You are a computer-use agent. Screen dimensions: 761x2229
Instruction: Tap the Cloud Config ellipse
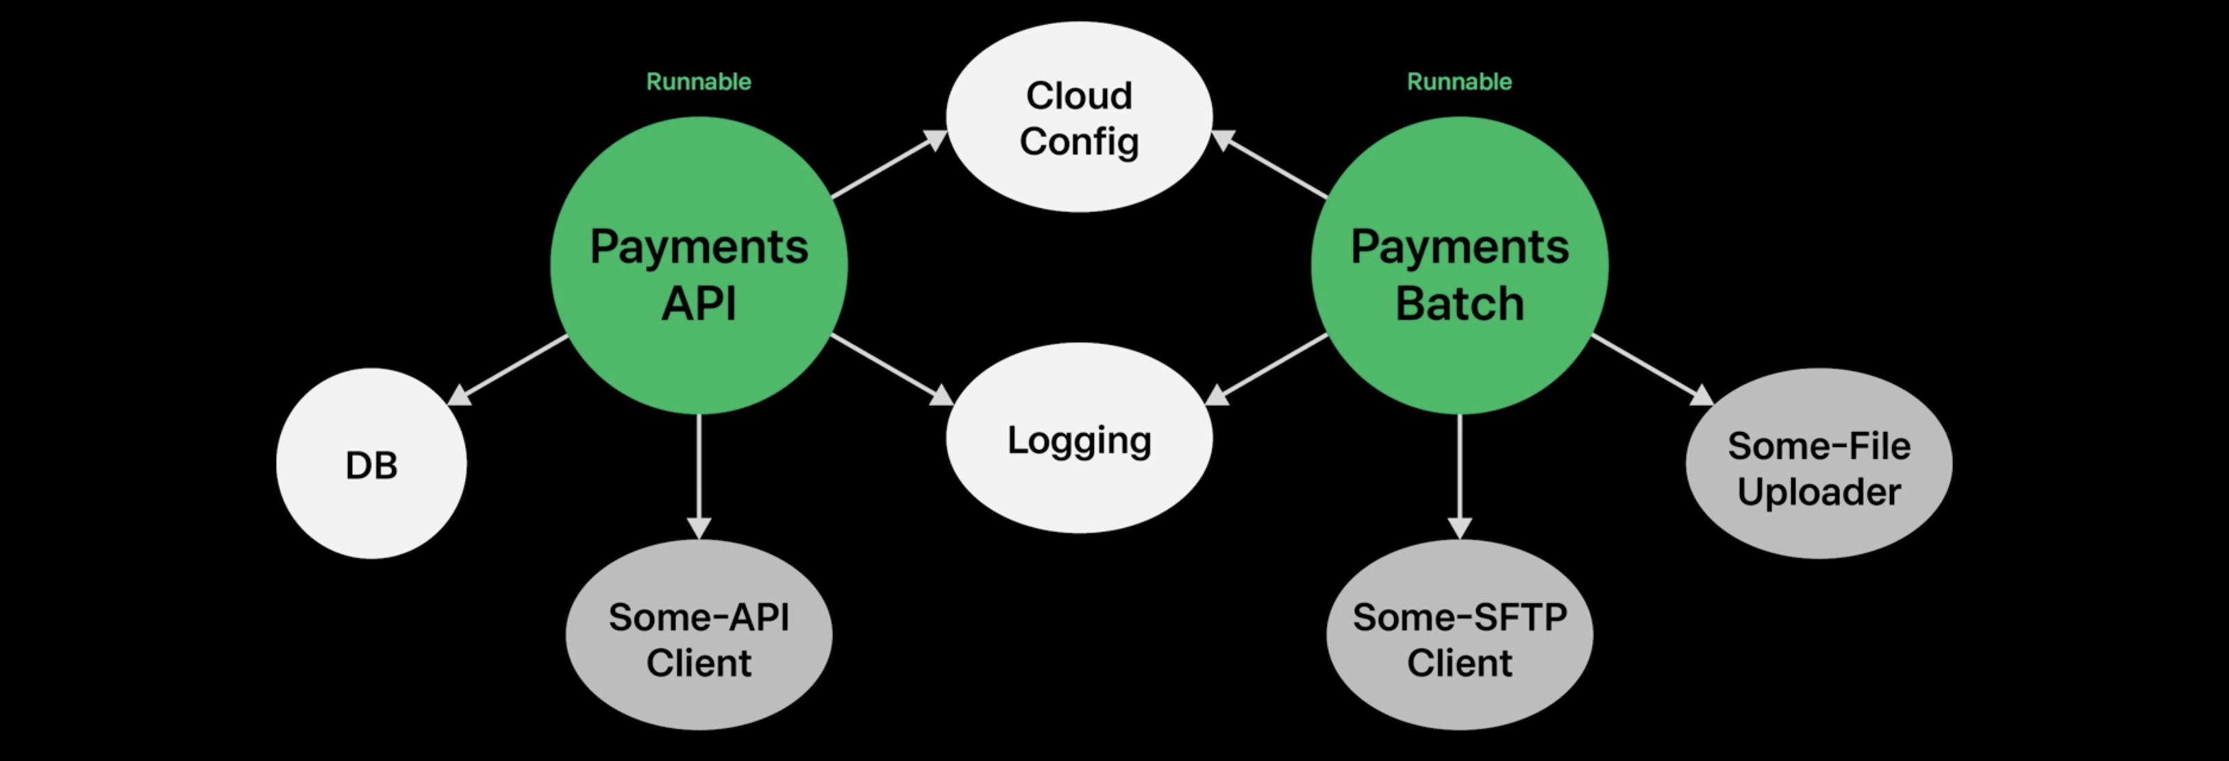[x=1079, y=117]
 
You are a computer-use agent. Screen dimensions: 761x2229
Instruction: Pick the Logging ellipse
[x=1079, y=438]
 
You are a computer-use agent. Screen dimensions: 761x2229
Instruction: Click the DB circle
[x=371, y=464]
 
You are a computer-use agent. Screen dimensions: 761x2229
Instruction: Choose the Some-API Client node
[x=698, y=636]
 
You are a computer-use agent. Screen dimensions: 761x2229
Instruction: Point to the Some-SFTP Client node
[x=1459, y=636]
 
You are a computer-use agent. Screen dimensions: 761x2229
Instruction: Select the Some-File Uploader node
[x=1818, y=464]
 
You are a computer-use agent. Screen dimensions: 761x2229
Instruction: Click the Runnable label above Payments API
[x=698, y=82]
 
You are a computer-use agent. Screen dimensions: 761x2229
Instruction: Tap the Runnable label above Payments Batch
[x=1459, y=82]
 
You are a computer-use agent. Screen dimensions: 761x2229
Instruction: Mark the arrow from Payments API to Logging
[x=891, y=370]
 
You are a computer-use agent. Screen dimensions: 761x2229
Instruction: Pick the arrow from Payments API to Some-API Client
[x=698, y=476]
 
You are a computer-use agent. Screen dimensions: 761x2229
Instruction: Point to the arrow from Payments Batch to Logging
[x=1268, y=370]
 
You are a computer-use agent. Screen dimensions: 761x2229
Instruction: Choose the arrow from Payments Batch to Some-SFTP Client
[x=1459, y=476]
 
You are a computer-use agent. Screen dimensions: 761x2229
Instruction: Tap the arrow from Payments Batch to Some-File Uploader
[x=1652, y=370]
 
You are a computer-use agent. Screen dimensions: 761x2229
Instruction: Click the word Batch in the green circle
[x=1459, y=304]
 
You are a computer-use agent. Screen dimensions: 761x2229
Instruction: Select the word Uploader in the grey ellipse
[x=1818, y=492]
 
